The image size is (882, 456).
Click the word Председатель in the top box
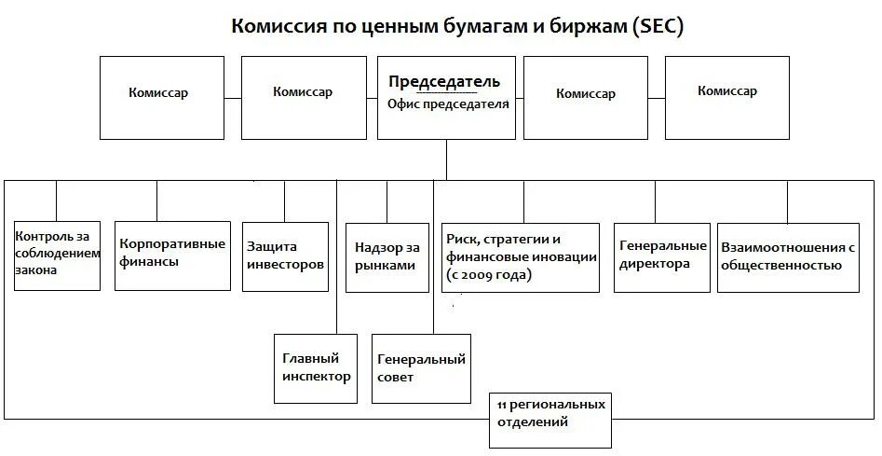(450, 82)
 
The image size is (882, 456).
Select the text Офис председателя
(448, 104)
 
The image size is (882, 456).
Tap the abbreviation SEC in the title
(657, 27)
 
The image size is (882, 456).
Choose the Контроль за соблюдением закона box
(57, 254)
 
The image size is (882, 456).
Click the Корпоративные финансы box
(172, 254)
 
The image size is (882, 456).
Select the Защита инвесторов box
(285, 256)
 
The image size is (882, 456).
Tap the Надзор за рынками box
(387, 257)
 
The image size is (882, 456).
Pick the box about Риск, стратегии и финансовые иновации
(521, 256)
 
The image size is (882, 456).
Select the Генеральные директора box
(662, 255)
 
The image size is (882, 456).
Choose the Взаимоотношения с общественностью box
(788, 256)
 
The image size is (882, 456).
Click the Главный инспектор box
(316, 367)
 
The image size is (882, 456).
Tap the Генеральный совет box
(421, 368)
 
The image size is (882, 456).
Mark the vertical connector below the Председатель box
(447, 159)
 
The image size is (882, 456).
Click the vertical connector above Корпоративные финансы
(156, 200)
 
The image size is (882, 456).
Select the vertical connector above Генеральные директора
(655, 200)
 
